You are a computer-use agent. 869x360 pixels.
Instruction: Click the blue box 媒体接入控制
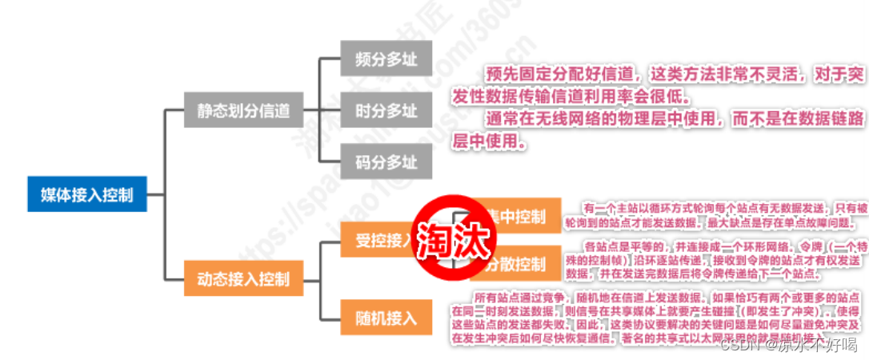[87, 194]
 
